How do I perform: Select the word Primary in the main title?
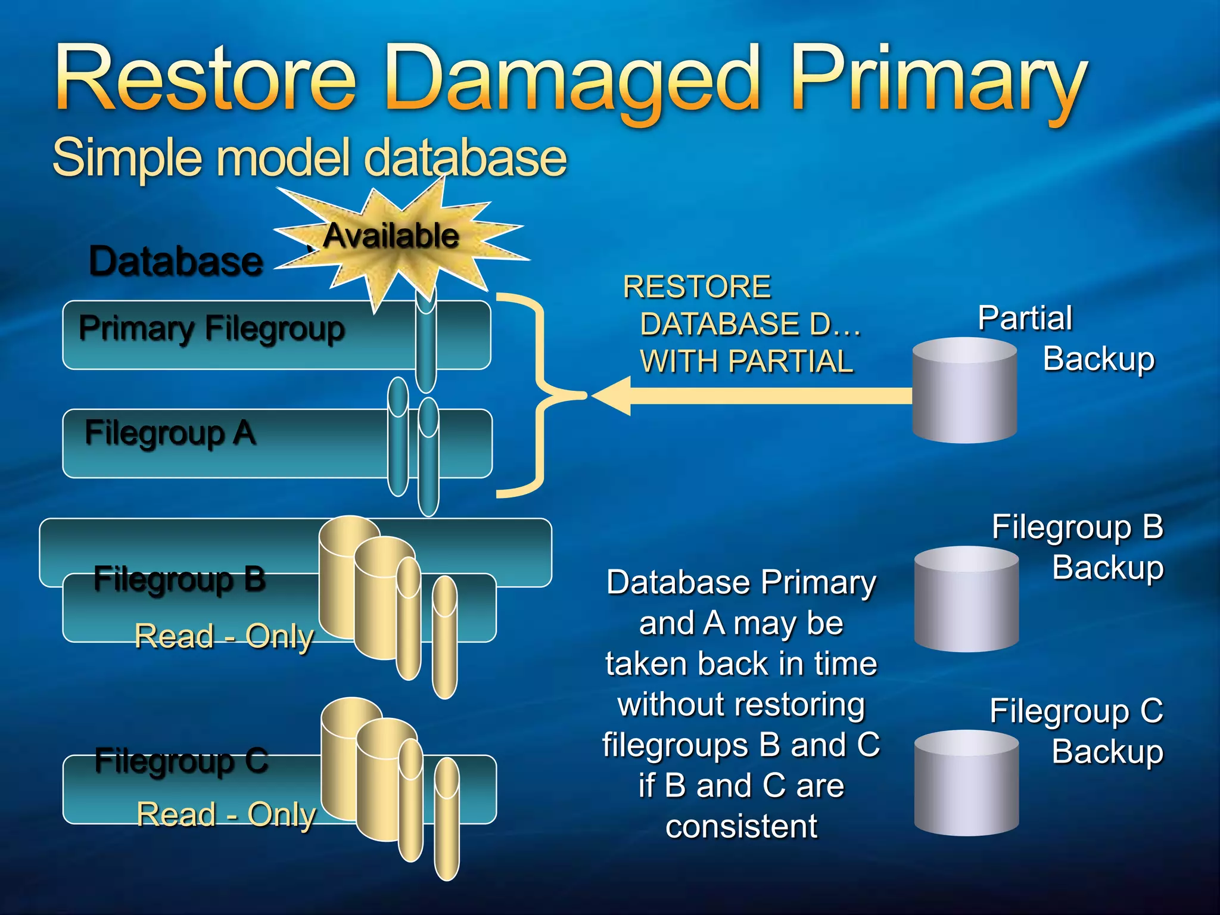(939, 80)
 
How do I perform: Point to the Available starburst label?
(391, 236)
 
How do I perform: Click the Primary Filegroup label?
(212, 329)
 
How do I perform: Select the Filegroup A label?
(170, 433)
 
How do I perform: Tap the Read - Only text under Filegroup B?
(224, 636)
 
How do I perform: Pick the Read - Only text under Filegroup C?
(226, 814)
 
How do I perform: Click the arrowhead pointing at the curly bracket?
(611, 396)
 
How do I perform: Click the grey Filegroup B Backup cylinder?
(966, 599)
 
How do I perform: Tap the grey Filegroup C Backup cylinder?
(966, 783)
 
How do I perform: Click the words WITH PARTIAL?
(746, 362)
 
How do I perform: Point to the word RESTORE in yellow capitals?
(696, 287)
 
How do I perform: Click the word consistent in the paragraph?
(741, 827)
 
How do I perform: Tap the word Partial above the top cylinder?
(1025, 318)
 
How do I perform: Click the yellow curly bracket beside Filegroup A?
(539, 396)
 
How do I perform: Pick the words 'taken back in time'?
(741, 664)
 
